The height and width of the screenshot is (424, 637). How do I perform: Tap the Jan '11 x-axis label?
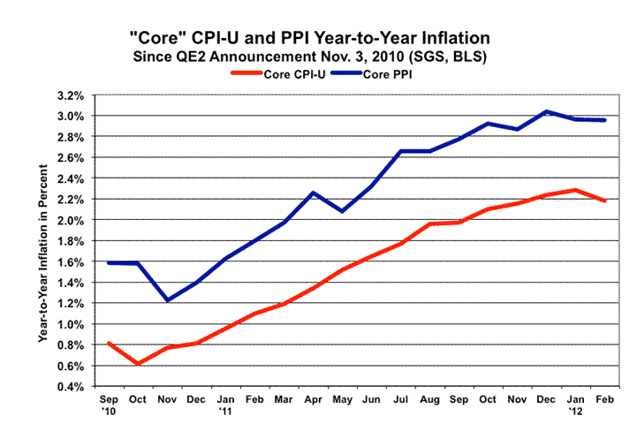click(x=224, y=405)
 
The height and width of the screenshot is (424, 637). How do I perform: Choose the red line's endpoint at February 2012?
click(x=604, y=201)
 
